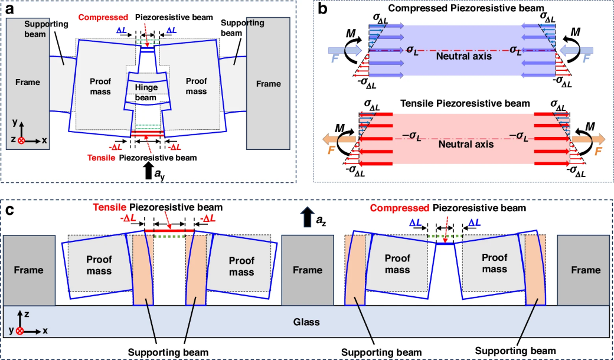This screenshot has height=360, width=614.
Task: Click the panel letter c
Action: pyautogui.click(x=9, y=211)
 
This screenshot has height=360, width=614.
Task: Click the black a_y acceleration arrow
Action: pyautogui.click(x=148, y=171)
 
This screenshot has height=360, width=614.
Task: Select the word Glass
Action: pyautogui.click(x=307, y=322)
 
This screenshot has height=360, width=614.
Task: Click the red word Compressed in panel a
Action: pyautogui.click(x=103, y=17)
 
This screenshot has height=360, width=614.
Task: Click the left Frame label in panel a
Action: pyautogui.click(x=28, y=82)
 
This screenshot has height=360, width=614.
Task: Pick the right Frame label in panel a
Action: pyautogui.click(x=268, y=84)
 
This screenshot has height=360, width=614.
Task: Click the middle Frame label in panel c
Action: pyautogui.click(x=308, y=270)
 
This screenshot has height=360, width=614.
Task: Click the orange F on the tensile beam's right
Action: pyautogui.click(x=598, y=151)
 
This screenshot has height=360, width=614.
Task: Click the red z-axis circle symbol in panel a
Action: pyautogui.click(x=21, y=140)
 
